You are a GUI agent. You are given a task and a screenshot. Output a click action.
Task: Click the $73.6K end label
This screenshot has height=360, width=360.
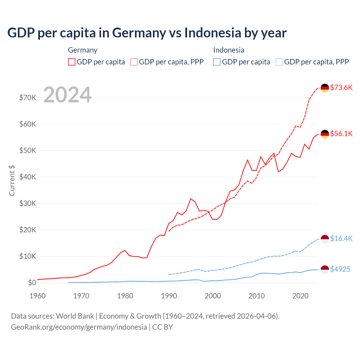[341, 87]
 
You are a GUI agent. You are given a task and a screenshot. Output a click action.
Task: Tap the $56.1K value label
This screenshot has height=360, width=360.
[341, 134]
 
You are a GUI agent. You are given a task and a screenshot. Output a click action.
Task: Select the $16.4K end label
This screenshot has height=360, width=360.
[341, 238]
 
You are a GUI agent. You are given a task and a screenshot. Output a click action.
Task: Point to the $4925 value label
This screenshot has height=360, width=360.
[340, 269]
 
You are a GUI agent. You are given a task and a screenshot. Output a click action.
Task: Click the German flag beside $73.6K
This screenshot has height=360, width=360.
[325, 88]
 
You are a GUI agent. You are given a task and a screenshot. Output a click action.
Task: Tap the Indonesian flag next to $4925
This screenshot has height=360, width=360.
[325, 269]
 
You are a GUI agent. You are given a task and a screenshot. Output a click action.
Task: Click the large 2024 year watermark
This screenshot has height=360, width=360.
[67, 95]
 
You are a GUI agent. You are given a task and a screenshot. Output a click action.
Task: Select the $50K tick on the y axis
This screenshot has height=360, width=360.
[28, 150]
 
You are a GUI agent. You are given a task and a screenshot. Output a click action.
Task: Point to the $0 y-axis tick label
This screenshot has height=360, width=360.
[32, 283]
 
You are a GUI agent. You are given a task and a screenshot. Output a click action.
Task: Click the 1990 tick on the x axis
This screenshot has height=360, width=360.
[169, 296]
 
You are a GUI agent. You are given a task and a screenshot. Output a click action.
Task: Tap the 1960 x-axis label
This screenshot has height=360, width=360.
[37, 296]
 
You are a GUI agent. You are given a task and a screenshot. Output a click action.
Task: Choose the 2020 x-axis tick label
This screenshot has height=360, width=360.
[300, 296]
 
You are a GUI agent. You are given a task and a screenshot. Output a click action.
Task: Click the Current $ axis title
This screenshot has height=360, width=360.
[12, 180]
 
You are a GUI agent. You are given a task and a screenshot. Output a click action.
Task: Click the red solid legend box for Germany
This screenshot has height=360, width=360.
[72, 62]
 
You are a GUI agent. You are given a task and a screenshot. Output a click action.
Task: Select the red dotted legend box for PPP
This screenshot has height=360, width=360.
[134, 62]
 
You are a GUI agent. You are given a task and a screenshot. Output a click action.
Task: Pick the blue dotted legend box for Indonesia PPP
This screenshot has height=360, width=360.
[279, 62]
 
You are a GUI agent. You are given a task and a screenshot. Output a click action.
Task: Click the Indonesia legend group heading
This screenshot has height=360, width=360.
[229, 50]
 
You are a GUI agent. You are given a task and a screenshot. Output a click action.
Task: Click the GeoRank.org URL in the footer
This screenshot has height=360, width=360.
[79, 327]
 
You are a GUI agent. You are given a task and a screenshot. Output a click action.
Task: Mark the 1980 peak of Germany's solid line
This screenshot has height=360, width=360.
[125, 250]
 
